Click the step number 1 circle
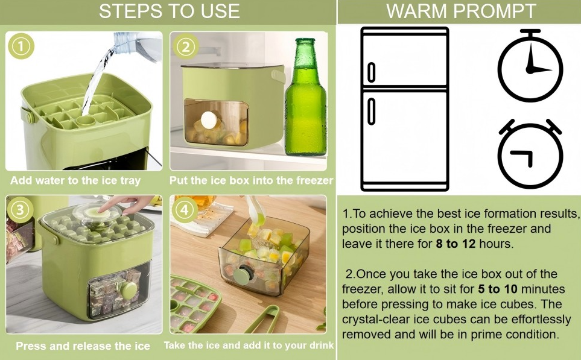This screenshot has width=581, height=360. [x=21, y=46]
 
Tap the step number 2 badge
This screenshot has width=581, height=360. [x=186, y=46]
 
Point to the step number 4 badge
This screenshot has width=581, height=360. [x=185, y=210]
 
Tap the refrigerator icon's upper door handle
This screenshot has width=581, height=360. [x=371, y=72]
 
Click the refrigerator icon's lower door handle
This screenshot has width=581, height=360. [x=371, y=111]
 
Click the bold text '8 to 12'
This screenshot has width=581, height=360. [x=456, y=244]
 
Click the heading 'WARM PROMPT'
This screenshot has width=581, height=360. [x=461, y=11]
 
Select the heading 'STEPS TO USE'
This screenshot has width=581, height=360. [x=170, y=11]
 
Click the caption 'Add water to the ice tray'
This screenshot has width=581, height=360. [x=75, y=181]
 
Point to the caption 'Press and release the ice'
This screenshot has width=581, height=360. [x=83, y=346]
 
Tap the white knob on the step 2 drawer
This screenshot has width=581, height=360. [x=209, y=120]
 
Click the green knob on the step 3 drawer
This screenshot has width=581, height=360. [x=129, y=291]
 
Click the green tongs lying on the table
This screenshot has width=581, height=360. [x=264, y=319]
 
